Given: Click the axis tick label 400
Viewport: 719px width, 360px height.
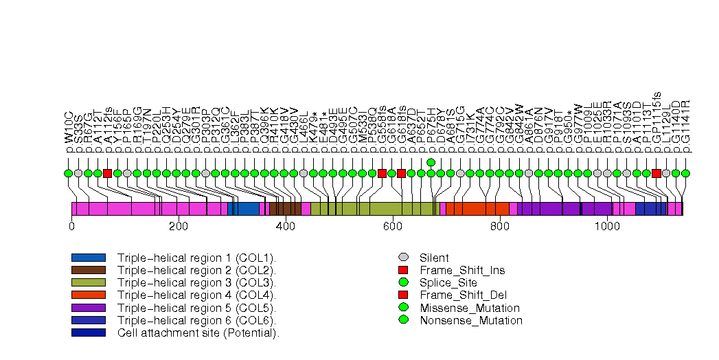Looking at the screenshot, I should pos(286,225).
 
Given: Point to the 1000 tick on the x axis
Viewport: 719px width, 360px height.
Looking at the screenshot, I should pos(606,225).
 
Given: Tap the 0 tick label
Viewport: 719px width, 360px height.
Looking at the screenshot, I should pos(71,225).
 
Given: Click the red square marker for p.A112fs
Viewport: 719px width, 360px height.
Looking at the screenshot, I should pos(107,173).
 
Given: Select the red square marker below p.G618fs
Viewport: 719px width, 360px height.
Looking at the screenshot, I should pos(401,173).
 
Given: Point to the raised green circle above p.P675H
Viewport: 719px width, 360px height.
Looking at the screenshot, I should pos(431,162).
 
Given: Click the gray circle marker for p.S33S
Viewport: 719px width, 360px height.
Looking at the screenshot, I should pos(78,173).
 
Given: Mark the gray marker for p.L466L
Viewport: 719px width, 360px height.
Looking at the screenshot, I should pos(304,173).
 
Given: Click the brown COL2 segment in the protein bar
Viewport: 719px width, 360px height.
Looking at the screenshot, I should pos(285,209).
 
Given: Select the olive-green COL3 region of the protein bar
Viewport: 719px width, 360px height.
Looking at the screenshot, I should pos(372,209).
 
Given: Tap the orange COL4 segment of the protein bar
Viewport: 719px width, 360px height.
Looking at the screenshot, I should pos(477,209).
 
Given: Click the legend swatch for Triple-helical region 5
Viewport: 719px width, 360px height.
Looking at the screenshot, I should pos(88,308).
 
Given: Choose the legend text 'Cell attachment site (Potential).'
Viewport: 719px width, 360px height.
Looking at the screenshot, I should pos(198,333).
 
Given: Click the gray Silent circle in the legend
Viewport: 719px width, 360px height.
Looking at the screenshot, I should pos(403,258).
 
